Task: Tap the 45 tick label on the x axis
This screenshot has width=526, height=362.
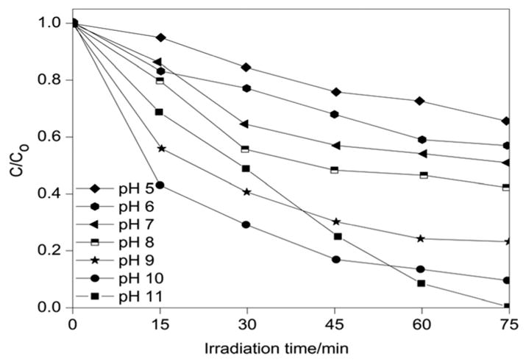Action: tap(335, 322)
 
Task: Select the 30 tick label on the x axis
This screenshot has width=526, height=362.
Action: tap(248, 322)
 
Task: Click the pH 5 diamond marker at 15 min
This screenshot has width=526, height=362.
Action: tap(160, 38)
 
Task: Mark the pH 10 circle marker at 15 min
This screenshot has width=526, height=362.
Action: tap(160, 185)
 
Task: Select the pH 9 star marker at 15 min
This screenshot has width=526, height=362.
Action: tap(160, 149)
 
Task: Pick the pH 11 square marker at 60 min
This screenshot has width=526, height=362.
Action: tap(422, 283)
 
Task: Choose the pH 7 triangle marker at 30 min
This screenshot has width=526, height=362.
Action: tap(244, 124)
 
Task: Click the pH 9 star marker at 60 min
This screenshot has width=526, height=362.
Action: tap(422, 238)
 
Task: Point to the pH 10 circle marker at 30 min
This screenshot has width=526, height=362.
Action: tap(246, 224)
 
